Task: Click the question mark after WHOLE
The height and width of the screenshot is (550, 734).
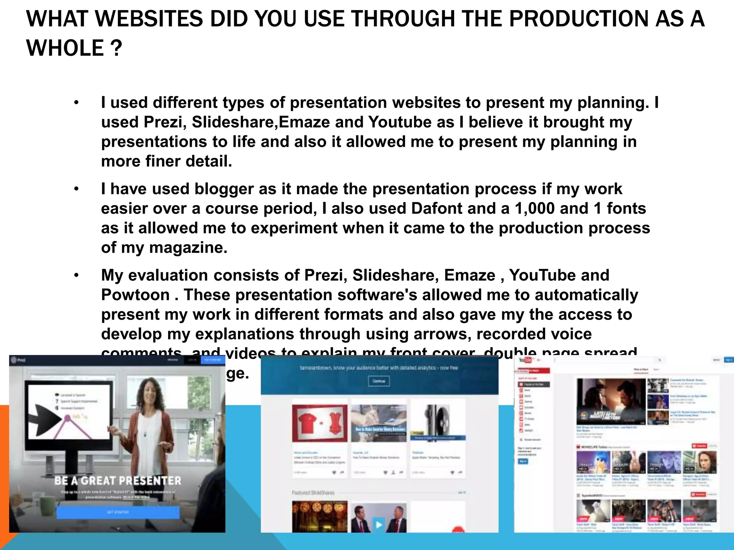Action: coord(116,48)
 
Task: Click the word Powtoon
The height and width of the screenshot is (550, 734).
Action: coord(135,295)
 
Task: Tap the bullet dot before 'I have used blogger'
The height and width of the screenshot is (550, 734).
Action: coord(76,189)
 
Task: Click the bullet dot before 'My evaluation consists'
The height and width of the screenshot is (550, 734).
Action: coord(76,275)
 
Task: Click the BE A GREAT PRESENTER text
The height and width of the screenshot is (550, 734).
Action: coord(118,481)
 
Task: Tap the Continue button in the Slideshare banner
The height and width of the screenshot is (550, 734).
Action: coord(379,381)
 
